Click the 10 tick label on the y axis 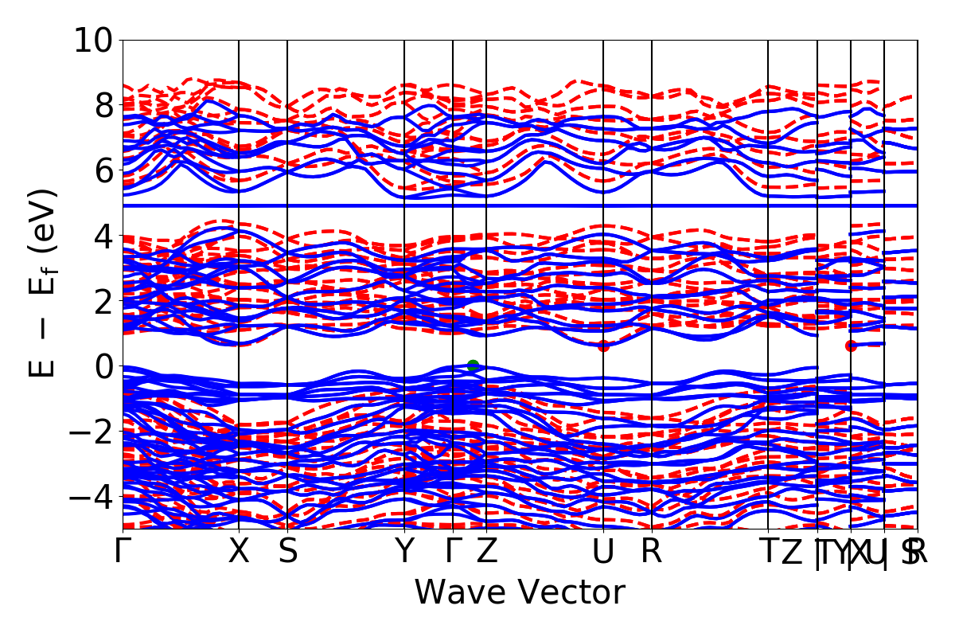pos(93,40)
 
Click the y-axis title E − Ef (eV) pos(45,283)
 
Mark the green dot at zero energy pos(473,365)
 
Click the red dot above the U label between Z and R pos(603,346)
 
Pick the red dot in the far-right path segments pos(851,346)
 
